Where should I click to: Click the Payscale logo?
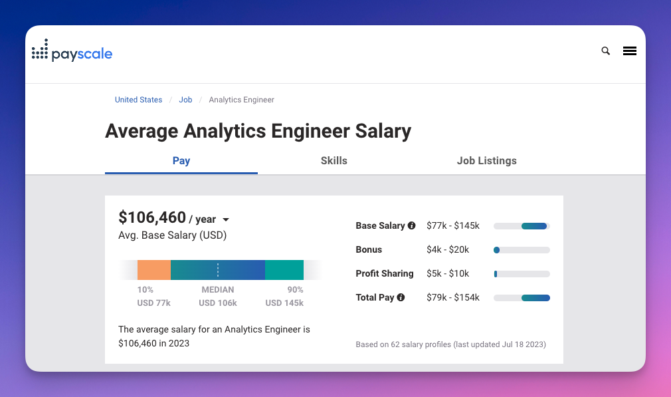72,53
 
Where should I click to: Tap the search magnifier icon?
605,51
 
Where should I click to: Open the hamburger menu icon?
630,51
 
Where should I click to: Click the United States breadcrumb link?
138,100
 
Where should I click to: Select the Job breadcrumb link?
185,100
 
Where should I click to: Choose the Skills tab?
334,160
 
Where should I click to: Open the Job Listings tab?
486,160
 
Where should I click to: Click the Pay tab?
181,160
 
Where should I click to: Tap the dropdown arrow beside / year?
226,220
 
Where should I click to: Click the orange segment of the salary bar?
154,269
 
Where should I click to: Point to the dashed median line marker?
218,269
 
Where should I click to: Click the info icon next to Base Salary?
411,225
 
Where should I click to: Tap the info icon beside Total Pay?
401,297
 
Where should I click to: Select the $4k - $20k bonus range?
448,249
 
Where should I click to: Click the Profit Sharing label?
385,273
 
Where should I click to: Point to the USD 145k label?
284,303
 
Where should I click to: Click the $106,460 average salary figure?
152,217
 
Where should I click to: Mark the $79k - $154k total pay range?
453,297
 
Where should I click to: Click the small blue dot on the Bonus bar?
496,250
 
